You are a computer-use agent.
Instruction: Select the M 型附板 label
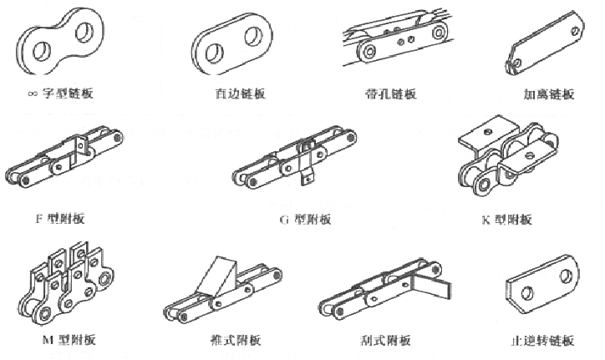[x=69, y=340]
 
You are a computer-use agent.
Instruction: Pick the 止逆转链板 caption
[x=541, y=341]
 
